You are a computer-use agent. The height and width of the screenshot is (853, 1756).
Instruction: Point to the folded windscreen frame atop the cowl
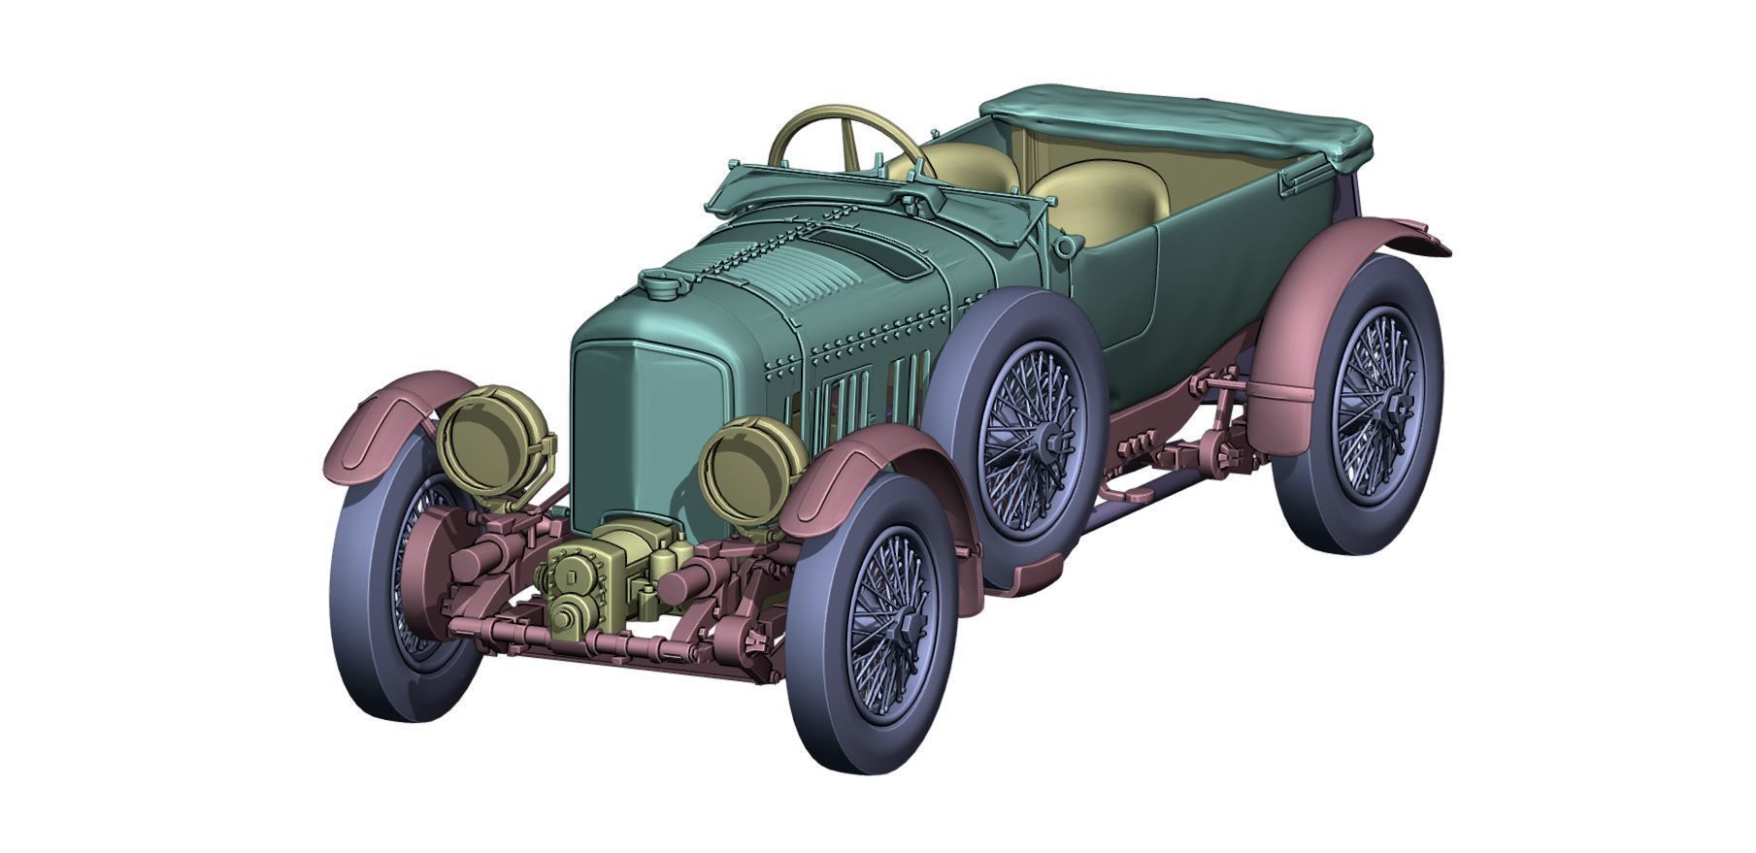click(x=825, y=193)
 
